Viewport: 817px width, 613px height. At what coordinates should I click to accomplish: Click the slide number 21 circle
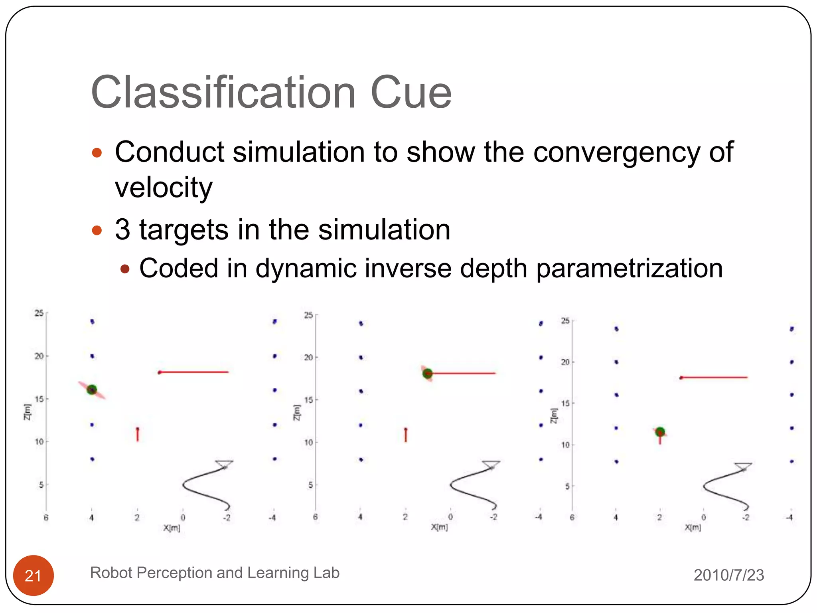pos(34,575)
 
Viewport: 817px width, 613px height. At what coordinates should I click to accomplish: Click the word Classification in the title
pos(223,93)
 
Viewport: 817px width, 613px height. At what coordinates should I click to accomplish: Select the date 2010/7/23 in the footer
pos(728,575)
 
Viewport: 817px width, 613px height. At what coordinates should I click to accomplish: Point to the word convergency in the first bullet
pos(616,152)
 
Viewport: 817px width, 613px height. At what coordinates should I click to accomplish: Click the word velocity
pos(164,188)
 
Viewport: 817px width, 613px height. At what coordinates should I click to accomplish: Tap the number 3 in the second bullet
pos(122,230)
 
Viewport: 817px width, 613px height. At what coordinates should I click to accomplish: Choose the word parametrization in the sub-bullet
pos(629,268)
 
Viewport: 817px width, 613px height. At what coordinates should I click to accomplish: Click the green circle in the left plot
pos(92,390)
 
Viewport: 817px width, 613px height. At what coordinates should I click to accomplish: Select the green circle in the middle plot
pos(427,374)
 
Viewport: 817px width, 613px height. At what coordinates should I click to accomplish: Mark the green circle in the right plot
pos(660,431)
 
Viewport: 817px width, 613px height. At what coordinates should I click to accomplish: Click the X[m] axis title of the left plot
pos(172,528)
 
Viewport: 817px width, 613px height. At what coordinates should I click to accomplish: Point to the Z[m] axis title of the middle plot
pos(296,412)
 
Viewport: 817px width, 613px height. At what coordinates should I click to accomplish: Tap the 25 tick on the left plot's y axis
pos(39,313)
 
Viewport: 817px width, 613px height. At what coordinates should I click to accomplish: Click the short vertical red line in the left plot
pos(138,434)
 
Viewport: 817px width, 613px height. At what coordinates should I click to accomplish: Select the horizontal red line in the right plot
pos(714,377)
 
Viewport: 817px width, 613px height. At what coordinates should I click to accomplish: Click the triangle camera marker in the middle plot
pos(491,464)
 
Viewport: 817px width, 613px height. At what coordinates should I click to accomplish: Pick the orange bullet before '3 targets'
pos(97,230)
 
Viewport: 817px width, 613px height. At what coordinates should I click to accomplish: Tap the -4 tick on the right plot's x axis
pos(789,518)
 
